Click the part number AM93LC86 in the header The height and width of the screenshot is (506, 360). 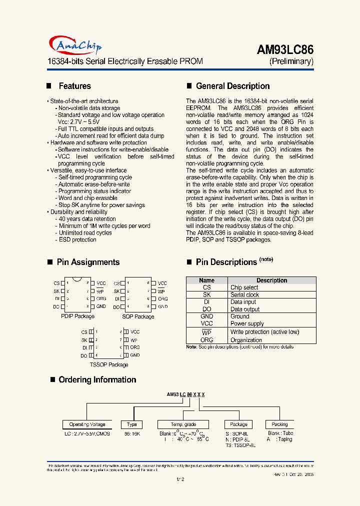(x=285, y=49)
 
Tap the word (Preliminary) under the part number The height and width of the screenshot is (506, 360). (x=291, y=61)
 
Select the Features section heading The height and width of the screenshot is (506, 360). (x=74, y=86)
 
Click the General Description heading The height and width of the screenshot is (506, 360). (x=232, y=86)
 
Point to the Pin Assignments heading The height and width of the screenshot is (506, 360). (x=88, y=262)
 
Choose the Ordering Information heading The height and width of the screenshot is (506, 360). (x=97, y=379)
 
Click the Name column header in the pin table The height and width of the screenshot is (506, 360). (x=206, y=280)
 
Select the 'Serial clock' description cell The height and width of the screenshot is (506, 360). (x=244, y=295)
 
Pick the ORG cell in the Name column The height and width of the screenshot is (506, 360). (x=206, y=340)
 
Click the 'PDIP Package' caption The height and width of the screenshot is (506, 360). (x=77, y=316)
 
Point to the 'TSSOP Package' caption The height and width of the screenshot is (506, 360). (x=109, y=364)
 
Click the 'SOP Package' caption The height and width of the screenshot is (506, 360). (x=138, y=316)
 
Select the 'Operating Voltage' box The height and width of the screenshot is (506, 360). (x=87, y=424)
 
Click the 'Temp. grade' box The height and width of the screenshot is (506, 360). (x=183, y=424)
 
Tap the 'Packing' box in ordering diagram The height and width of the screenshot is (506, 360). (x=279, y=424)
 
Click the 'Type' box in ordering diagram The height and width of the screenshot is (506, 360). (x=131, y=424)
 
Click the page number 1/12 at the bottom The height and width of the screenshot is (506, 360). (x=180, y=479)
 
